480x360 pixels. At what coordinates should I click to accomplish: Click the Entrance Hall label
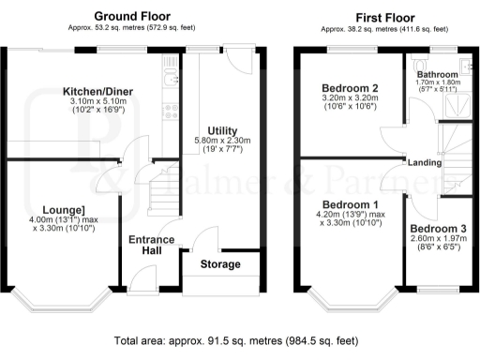[151, 246]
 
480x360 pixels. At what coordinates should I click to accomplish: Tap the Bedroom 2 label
[350, 86]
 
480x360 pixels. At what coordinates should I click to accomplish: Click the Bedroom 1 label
[351, 204]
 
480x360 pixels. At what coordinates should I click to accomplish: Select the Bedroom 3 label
[437, 229]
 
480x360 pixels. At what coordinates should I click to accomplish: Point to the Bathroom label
[439, 74]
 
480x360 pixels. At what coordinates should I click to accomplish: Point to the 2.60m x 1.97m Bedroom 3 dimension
[437, 239]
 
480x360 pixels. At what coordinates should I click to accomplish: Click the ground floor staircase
[161, 192]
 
